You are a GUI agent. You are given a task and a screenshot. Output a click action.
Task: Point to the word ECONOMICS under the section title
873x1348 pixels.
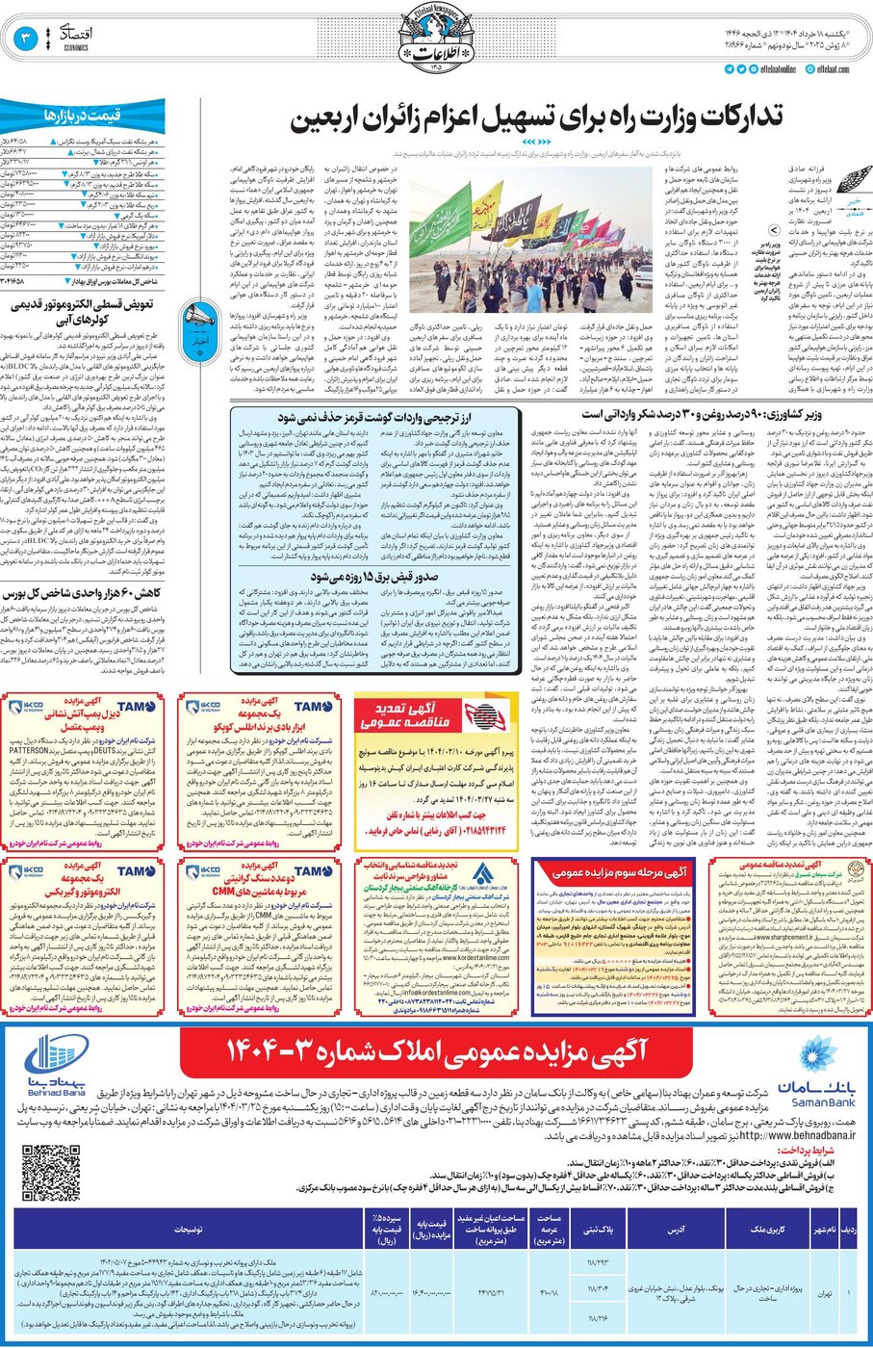(x=76, y=46)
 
